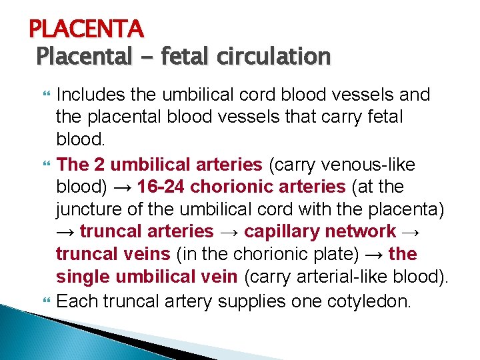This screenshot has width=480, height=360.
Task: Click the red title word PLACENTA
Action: [86, 29]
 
